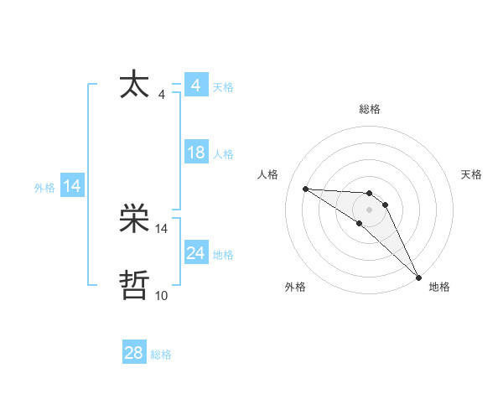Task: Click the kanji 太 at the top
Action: (x=135, y=85)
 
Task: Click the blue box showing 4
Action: (x=195, y=86)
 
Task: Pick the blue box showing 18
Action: (x=195, y=153)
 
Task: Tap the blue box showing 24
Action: (x=195, y=253)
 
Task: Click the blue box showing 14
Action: (x=72, y=186)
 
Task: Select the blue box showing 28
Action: (x=134, y=353)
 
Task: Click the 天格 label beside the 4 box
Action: (x=223, y=87)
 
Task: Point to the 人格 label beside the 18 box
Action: (x=223, y=154)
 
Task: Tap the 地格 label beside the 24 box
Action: (x=223, y=255)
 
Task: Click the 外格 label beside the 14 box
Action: (x=44, y=188)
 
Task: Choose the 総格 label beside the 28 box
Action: (x=161, y=355)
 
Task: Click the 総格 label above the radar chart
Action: (x=370, y=109)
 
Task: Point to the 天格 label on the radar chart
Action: (x=472, y=174)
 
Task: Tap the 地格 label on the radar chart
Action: (x=439, y=287)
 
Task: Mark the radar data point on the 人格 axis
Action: (x=305, y=189)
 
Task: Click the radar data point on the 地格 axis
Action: (x=418, y=277)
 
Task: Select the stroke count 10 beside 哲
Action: (x=162, y=295)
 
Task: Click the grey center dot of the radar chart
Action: (x=370, y=209)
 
